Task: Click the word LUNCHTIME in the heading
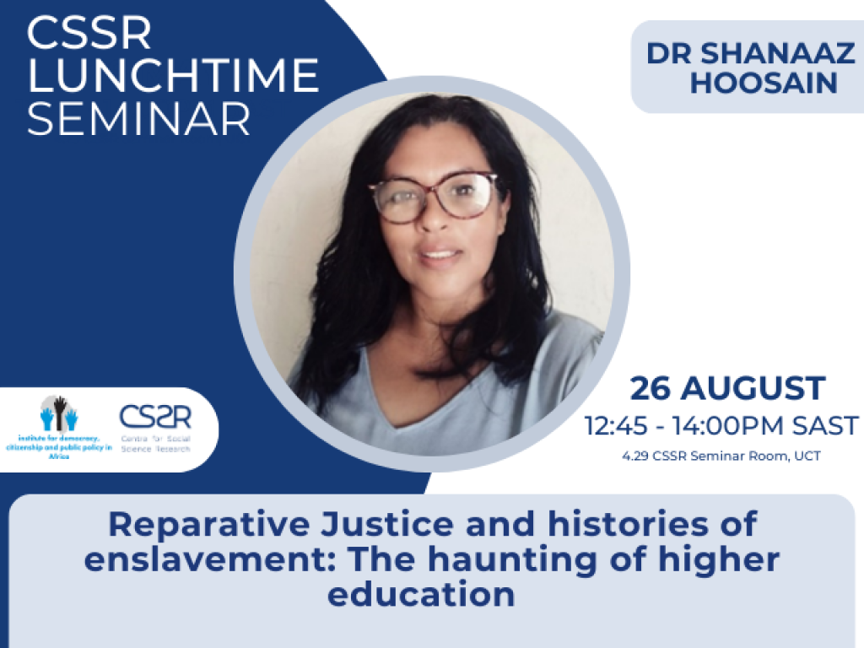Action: point(173,77)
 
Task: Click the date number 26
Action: point(651,389)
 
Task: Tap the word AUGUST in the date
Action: point(753,389)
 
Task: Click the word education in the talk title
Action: point(421,594)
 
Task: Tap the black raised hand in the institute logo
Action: point(60,412)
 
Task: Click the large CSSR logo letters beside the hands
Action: point(155,417)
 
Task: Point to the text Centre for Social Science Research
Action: point(155,444)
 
